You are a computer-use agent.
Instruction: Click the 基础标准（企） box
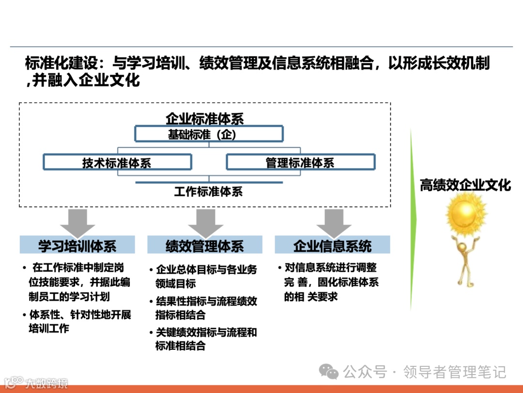pyautogui.click(x=209, y=134)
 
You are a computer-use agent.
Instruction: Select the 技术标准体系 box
pyautogui.click(x=117, y=163)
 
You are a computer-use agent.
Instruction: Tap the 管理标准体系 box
pyautogui.click(x=300, y=163)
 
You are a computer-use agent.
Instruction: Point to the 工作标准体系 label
pyautogui.click(x=208, y=192)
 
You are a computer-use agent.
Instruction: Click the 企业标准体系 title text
pyautogui.click(x=204, y=118)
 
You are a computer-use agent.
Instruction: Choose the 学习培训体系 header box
pyautogui.click(x=77, y=245)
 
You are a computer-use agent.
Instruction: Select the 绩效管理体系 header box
pyautogui.click(x=205, y=245)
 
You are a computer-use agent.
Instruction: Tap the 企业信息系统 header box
pyautogui.click(x=332, y=245)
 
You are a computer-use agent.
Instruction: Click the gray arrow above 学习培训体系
pyautogui.click(x=77, y=223)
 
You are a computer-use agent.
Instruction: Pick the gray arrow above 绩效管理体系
pyautogui.click(x=205, y=223)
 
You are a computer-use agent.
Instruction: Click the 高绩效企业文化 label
pyautogui.click(x=465, y=185)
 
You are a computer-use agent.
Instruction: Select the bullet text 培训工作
pyautogui.click(x=49, y=328)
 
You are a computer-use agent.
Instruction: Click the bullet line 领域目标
pyautogui.click(x=175, y=284)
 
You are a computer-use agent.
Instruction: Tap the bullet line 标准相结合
pyautogui.click(x=180, y=346)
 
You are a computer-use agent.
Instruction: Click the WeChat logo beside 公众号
pyautogui.click(x=331, y=372)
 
